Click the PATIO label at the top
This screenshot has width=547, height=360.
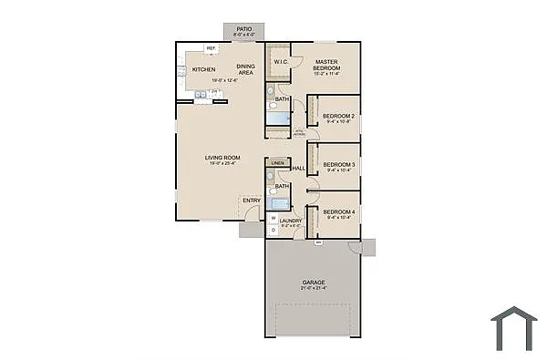(x=243, y=29)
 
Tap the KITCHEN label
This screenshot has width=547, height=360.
(x=203, y=70)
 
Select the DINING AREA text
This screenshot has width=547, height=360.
(x=245, y=68)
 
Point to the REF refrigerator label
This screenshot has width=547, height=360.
(x=211, y=47)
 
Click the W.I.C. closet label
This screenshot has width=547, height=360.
(x=281, y=63)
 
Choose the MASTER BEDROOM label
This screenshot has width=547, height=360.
(x=326, y=65)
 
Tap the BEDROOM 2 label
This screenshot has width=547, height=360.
(x=339, y=116)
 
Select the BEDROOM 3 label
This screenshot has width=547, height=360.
(x=339, y=164)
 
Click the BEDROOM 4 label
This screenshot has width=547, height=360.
(x=339, y=212)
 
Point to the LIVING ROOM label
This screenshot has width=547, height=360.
(x=222, y=158)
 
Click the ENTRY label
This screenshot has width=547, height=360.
(x=252, y=201)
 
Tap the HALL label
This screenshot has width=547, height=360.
(x=298, y=169)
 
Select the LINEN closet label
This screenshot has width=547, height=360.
(x=276, y=163)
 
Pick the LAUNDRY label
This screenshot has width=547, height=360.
(x=291, y=221)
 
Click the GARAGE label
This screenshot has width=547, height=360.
(x=314, y=283)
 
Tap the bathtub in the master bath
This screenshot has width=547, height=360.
(x=279, y=117)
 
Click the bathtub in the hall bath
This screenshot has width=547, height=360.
(x=279, y=204)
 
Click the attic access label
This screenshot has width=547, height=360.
(x=298, y=133)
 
